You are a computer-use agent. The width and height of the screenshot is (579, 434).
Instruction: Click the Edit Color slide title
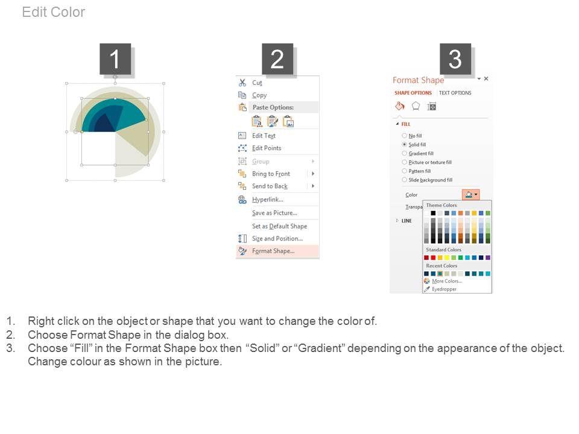(54, 12)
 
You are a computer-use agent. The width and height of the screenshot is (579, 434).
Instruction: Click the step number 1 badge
(115, 59)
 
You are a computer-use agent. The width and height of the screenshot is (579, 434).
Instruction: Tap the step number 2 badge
(277, 59)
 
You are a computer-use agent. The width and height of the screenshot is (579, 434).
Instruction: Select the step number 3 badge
(455, 59)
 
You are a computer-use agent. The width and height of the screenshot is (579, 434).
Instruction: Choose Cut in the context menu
(257, 83)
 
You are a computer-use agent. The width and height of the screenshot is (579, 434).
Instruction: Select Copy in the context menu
(259, 95)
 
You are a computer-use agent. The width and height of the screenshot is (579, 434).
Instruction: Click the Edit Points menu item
(267, 148)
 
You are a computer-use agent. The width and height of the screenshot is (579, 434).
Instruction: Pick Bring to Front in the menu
(271, 174)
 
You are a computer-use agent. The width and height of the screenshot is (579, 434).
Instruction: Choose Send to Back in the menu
(270, 186)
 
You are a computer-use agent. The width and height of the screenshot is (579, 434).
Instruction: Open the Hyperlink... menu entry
(268, 200)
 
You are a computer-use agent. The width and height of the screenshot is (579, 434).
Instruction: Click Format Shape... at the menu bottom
(273, 251)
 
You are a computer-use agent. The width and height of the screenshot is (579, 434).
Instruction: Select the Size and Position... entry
(277, 239)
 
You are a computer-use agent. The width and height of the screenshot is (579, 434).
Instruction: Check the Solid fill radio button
(404, 145)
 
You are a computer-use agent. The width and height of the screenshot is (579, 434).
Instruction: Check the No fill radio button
(404, 136)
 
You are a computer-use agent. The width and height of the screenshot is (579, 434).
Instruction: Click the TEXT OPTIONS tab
(455, 93)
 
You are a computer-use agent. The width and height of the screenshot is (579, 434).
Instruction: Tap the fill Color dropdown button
(471, 195)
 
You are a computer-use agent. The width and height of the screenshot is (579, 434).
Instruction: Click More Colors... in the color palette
(447, 281)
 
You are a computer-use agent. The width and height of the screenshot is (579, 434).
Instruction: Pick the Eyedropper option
(445, 289)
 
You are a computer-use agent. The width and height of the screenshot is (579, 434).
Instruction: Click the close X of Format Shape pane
(486, 78)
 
